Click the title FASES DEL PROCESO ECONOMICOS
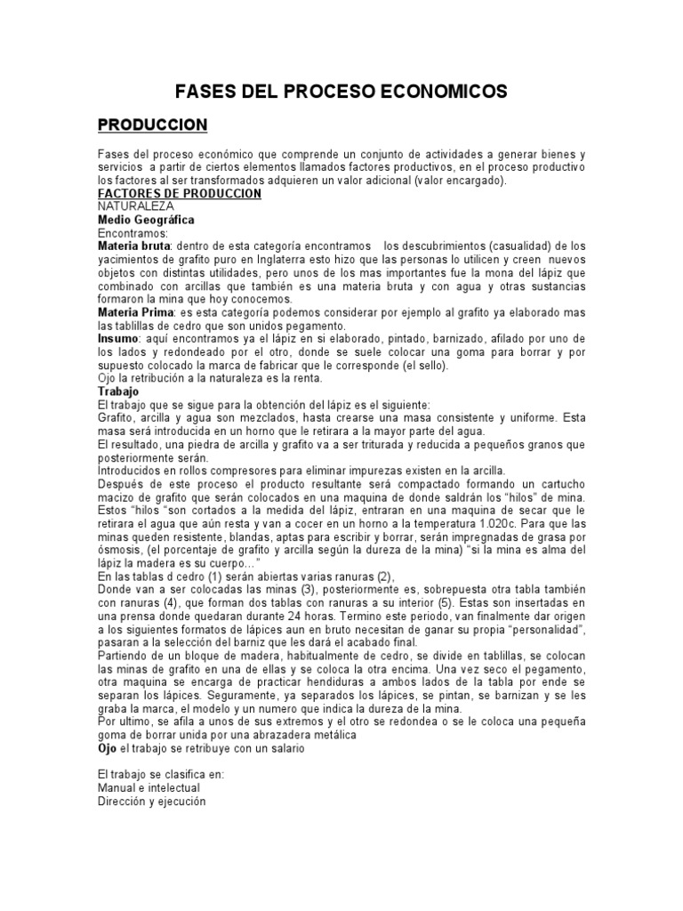[341, 92]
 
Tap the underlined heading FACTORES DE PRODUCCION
[179, 193]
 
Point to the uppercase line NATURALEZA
[136, 206]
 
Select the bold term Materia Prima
[137, 313]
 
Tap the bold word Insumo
[117, 339]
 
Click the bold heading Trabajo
[119, 391]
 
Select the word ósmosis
[120, 550]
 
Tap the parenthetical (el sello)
[423, 366]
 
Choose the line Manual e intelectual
[149, 787]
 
